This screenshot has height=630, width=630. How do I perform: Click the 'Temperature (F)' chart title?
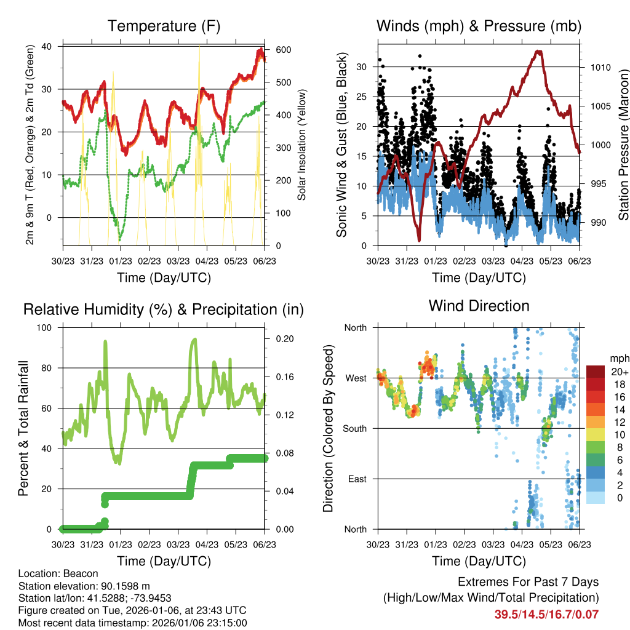click(x=164, y=26)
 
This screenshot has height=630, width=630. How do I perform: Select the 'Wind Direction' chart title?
click(x=479, y=305)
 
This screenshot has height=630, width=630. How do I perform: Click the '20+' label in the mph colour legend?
click(x=620, y=372)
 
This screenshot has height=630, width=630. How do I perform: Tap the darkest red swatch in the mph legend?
click(x=596, y=372)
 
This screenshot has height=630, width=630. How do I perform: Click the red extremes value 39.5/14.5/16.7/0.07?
click(x=546, y=614)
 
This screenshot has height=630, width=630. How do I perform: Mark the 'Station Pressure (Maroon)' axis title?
click(x=623, y=144)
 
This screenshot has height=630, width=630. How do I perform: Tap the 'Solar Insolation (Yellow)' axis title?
click(x=302, y=144)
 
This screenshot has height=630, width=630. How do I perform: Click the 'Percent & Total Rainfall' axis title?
click(x=23, y=428)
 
